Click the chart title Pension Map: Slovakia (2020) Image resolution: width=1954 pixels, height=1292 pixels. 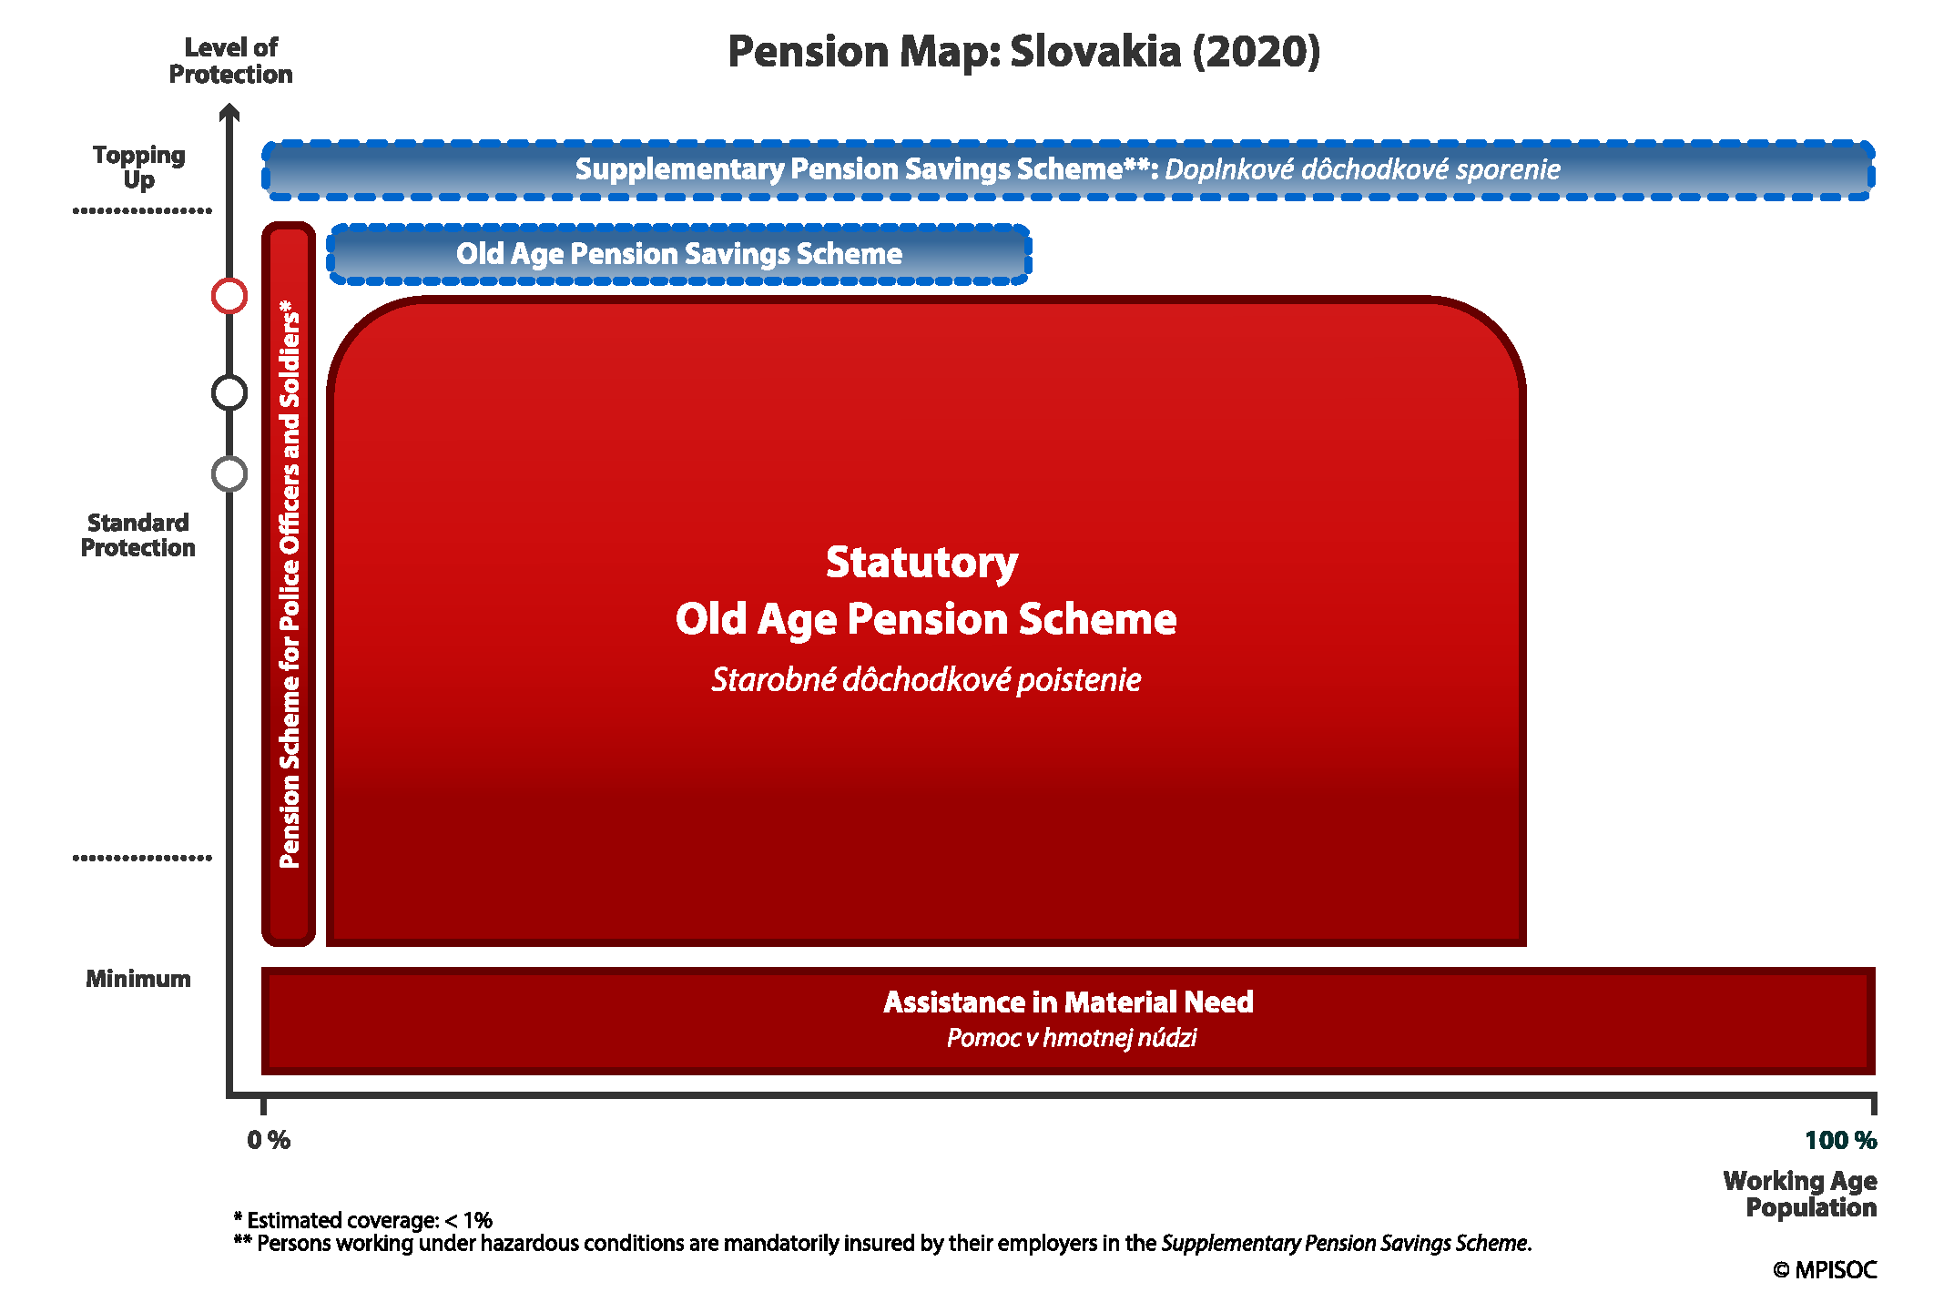tap(1023, 52)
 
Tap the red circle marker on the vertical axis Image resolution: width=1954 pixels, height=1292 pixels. tap(229, 279)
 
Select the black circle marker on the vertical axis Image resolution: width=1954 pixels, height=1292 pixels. tap(229, 376)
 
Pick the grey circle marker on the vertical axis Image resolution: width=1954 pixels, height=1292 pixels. tap(229, 457)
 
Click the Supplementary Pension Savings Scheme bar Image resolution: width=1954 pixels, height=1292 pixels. tap(1068, 170)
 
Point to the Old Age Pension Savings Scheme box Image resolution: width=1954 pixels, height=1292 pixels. tap(679, 254)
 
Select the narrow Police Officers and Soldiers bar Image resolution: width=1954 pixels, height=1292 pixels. tap(289, 585)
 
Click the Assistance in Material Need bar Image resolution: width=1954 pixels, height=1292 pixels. tap(1068, 1021)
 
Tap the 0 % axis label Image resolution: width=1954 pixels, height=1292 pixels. tap(269, 1140)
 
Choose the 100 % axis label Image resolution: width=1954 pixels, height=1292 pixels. tap(1841, 1140)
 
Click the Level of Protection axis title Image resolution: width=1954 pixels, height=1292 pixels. tap(230, 61)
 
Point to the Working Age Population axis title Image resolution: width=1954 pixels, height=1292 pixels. tap(1800, 1194)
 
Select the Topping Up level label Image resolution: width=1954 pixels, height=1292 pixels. tap(138, 168)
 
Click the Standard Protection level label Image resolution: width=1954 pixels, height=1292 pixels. tap(138, 535)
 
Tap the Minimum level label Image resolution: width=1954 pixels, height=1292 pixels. tap(138, 979)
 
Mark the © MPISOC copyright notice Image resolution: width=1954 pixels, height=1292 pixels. tap(1825, 1269)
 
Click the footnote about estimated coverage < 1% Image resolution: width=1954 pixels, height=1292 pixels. tap(363, 1220)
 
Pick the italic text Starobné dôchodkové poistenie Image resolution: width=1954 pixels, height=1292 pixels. tap(926, 680)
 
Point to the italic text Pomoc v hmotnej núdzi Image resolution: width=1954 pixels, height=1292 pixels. tap(1072, 1038)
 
